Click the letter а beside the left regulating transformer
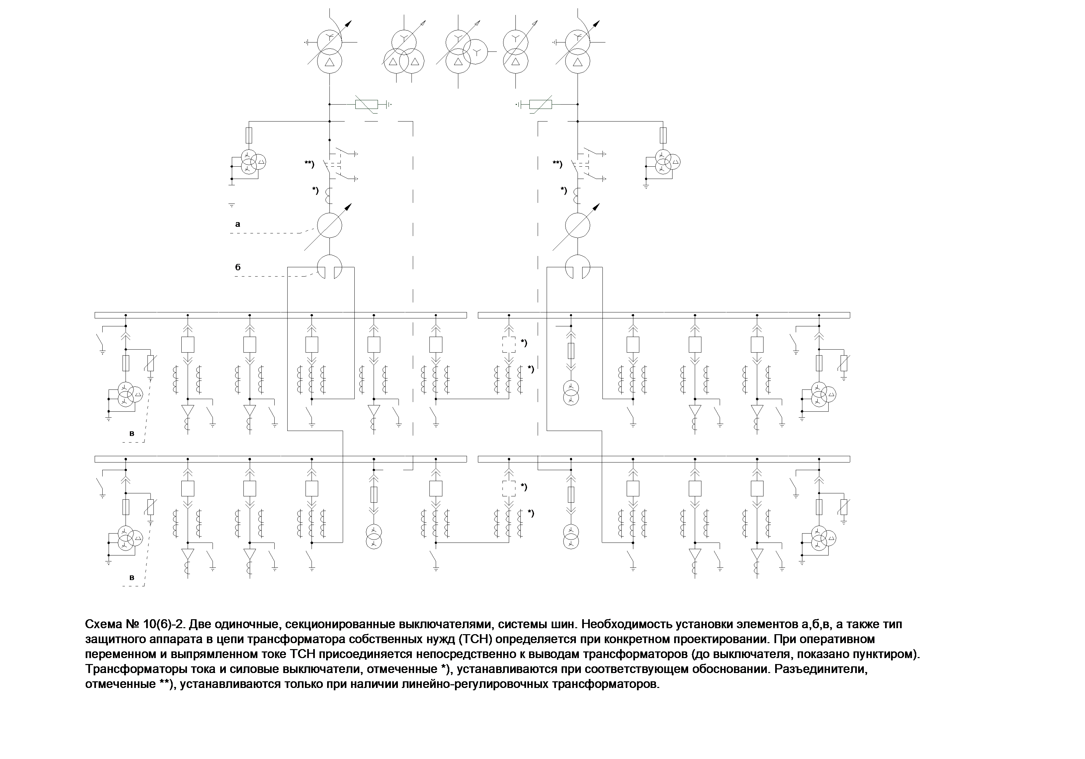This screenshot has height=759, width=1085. tap(238, 224)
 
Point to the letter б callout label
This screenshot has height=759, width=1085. tap(238, 267)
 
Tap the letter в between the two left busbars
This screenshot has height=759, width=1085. tap(132, 433)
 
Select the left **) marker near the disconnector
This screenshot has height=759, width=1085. tap(310, 164)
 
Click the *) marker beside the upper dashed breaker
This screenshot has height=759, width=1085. tap(524, 343)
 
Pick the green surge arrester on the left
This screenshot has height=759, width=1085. tap(366, 104)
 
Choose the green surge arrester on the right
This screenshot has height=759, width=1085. tap(540, 104)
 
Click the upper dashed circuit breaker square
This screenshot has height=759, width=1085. tap(509, 345)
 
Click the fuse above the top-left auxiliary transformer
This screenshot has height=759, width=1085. tap(249, 135)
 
